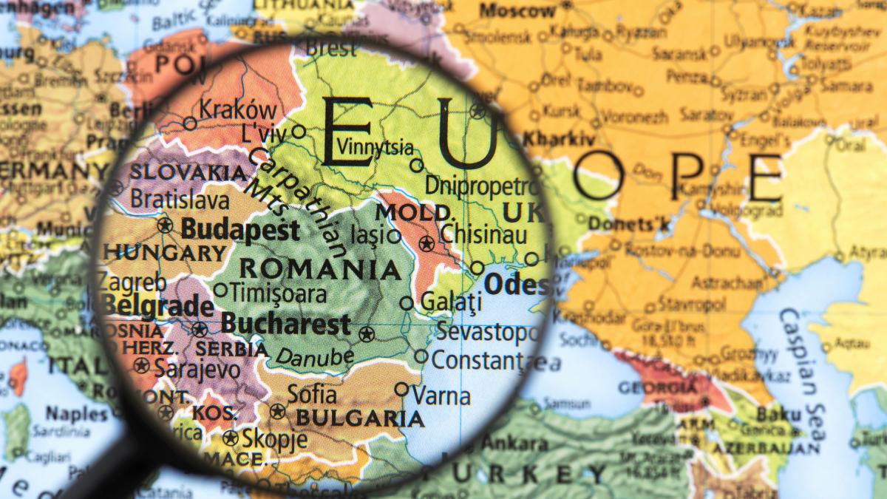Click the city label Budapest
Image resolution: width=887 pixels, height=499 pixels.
point(240,229)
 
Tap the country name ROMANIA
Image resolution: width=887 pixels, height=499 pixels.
point(320,268)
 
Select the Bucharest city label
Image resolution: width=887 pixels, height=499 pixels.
point(285,324)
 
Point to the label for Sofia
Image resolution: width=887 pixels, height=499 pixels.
point(311,394)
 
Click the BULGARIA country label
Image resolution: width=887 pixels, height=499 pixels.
point(360,419)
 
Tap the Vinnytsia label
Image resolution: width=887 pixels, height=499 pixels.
point(375,146)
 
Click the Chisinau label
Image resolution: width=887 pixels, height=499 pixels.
point(483,234)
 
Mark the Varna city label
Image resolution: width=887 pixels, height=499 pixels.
point(441,396)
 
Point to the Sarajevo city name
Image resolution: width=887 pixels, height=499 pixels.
point(197,369)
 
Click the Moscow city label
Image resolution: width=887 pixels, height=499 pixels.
point(517,11)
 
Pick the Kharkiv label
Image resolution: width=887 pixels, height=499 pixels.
point(559,139)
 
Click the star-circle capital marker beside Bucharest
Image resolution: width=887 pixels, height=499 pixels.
point(365,334)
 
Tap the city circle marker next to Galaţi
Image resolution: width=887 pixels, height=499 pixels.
point(407,302)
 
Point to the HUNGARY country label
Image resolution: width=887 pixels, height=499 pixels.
point(164,253)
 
